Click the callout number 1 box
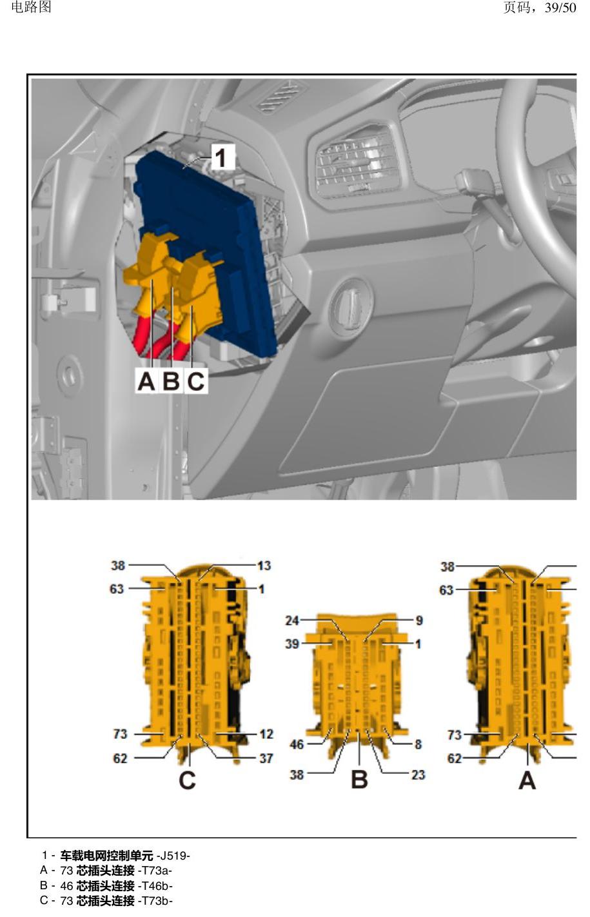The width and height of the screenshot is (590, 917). pyautogui.click(x=222, y=157)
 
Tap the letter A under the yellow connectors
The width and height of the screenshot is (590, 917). pyautogui.click(x=146, y=380)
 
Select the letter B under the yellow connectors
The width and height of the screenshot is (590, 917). pyautogui.click(x=171, y=380)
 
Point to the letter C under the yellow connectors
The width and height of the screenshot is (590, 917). pyautogui.click(x=196, y=380)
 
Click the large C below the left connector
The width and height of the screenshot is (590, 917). pyautogui.click(x=187, y=780)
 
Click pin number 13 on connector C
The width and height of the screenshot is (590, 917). pyautogui.click(x=264, y=566)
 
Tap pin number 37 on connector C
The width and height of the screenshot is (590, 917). pyautogui.click(x=266, y=758)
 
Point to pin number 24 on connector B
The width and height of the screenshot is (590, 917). pyautogui.click(x=292, y=620)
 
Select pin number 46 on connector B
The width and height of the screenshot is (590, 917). pyautogui.click(x=297, y=744)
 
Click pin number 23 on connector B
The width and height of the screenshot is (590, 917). pyautogui.click(x=418, y=774)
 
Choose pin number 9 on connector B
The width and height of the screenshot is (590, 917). pyautogui.click(x=419, y=620)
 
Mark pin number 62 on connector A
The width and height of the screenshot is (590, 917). pyautogui.click(x=454, y=758)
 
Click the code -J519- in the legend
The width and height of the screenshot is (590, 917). pyautogui.click(x=173, y=856)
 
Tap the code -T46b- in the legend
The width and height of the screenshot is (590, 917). pyautogui.click(x=155, y=886)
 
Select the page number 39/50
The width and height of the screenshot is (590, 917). pyautogui.click(x=560, y=7)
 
